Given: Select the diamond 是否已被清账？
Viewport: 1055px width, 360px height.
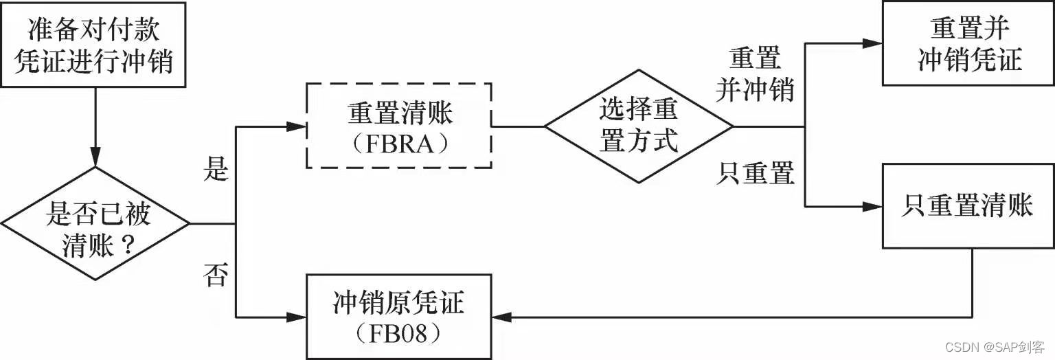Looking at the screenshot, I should coord(95,223).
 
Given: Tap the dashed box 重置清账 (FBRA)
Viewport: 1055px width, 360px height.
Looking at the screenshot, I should coord(398,126).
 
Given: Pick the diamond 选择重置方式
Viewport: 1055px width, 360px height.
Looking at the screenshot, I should coord(639,126).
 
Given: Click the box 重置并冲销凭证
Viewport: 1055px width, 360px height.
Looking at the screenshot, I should coord(968,43).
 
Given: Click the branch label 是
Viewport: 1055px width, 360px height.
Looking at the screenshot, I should coord(215,170).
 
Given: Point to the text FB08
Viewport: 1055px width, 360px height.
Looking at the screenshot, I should coord(399,335).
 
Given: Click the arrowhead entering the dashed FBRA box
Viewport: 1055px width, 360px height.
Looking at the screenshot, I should coord(297,126).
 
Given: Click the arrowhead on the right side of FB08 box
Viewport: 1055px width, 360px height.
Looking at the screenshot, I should coord(501,317).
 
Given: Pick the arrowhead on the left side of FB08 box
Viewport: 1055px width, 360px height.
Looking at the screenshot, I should coord(297,317).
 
